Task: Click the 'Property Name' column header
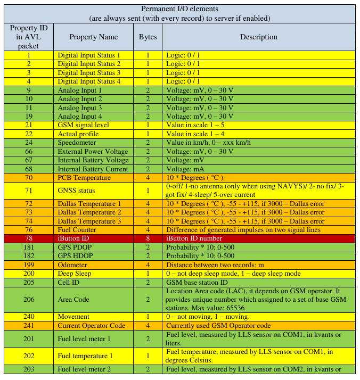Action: coord(94,37)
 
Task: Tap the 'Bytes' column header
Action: coord(148,37)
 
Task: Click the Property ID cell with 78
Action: coord(29,238)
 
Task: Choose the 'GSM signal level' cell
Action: coord(82,125)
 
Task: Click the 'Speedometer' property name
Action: coord(77,143)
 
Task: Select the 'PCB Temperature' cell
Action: coord(84,178)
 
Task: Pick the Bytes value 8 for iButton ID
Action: coord(148,238)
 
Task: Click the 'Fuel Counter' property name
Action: coord(78,229)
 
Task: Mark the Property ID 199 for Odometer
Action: coord(29,265)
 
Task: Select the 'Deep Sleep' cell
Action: coord(75,274)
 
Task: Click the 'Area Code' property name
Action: coord(73,300)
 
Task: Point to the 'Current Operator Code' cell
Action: coord(91,326)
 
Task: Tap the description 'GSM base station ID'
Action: coord(197,282)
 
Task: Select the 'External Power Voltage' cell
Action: coord(93,152)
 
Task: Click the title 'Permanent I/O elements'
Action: coord(179,9)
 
